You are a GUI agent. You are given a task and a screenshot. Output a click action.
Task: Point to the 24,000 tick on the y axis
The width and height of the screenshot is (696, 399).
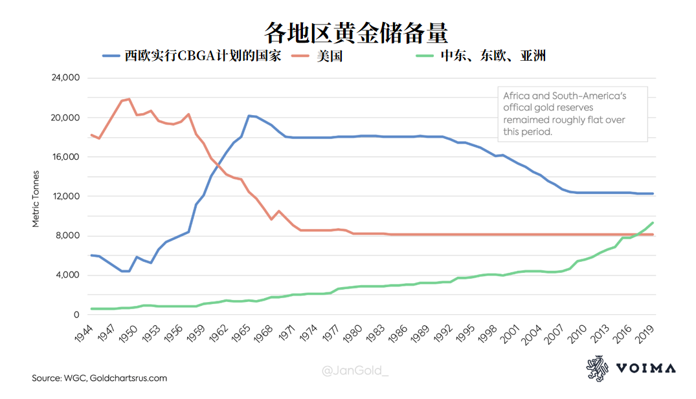pyautogui.click(x=65, y=78)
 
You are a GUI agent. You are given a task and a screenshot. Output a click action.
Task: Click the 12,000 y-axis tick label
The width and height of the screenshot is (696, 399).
pyautogui.click(x=65, y=197)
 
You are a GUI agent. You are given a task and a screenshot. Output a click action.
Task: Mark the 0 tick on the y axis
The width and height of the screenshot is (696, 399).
pyautogui.click(x=75, y=315)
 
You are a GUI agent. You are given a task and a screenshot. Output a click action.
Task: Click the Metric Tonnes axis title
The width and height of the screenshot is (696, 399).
pyautogui.click(x=36, y=199)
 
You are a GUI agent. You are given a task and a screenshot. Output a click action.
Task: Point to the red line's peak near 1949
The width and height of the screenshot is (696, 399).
pyautogui.click(x=129, y=99)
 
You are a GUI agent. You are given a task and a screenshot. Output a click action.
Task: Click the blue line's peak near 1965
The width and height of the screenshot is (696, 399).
pyautogui.click(x=249, y=116)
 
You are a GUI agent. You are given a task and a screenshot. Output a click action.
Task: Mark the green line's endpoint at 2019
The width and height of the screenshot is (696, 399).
pyautogui.click(x=653, y=222)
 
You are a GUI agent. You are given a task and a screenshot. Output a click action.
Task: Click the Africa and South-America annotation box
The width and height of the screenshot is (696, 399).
pyautogui.click(x=572, y=114)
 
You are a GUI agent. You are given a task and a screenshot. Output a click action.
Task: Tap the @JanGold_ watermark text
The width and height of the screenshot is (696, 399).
pyautogui.click(x=355, y=371)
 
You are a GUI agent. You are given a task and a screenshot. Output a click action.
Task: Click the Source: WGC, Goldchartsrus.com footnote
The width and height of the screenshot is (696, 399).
pyautogui.click(x=100, y=378)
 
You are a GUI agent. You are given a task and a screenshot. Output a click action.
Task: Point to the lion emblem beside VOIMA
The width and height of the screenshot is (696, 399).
pyautogui.click(x=597, y=369)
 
